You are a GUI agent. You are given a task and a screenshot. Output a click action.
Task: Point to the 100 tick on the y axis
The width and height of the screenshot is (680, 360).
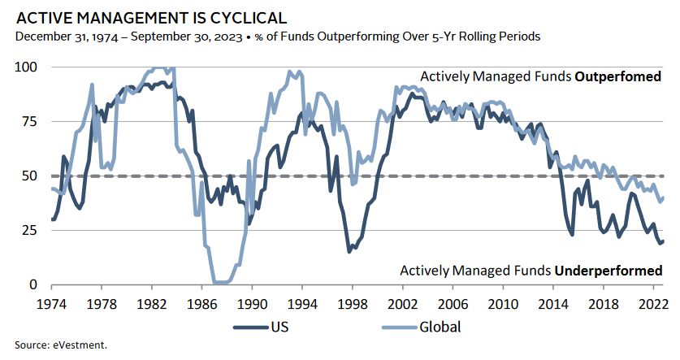28,67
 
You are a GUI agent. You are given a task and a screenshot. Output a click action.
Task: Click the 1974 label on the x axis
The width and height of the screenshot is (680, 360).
52,301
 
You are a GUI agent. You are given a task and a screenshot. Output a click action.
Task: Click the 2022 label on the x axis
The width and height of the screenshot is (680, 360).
652,301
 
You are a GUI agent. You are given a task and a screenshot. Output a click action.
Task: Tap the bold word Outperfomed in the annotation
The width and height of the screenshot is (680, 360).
617,77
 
